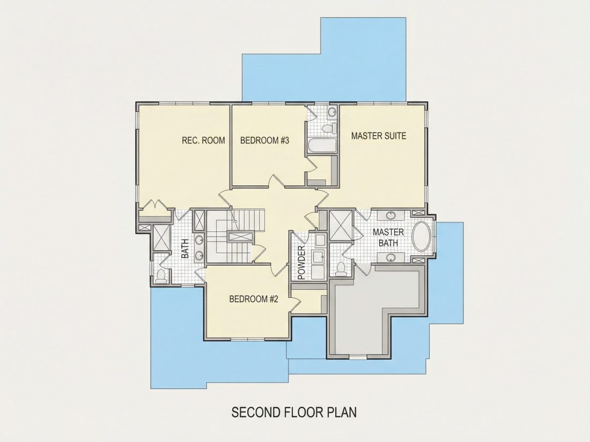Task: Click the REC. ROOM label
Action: coord(203,140)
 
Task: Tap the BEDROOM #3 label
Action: coord(264,141)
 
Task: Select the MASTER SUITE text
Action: coord(379,136)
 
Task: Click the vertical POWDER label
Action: coord(301,263)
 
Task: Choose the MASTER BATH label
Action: coord(388,237)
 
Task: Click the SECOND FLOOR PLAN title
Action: coord(294,412)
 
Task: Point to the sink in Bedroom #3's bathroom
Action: coord(331,112)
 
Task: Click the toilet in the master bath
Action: coord(341,268)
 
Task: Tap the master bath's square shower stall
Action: coord(341,226)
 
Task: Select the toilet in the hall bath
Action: coord(161,276)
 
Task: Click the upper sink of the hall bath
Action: coord(199,239)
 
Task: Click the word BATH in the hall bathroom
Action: coord(185,249)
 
